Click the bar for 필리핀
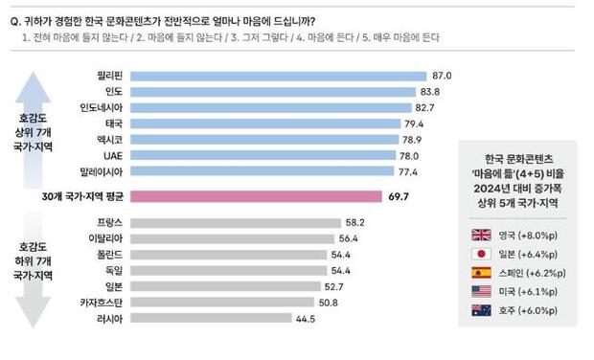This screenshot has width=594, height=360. tap(277, 76)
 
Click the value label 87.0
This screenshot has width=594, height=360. tap(442, 76)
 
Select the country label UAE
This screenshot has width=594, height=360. tap(110, 155)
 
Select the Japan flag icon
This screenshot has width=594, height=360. tap(481, 254)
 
